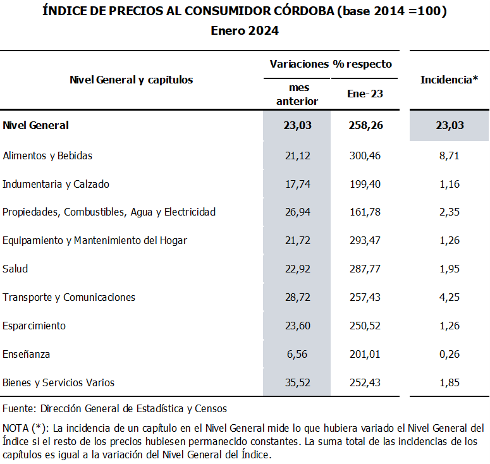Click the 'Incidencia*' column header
pyautogui.click(x=449, y=80)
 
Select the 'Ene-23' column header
pyautogui.click(x=365, y=94)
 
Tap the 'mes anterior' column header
pyautogui.click(x=297, y=94)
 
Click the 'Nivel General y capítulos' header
pyautogui.click(x=131, y=80)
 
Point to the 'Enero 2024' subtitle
pyautogui.click(x=245, y=31)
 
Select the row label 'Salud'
pyautogui.click(x=15, y=269)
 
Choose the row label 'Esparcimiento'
pyautogui.click(x=34, y=326)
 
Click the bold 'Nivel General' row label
pyautogui.click(x=36, y=125)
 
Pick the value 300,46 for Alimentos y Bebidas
pyautogui.click(x=365, y=156)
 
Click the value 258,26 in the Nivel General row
pyautogui.click(x=365, y=125)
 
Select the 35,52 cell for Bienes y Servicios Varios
pyautogui.click(x=298, y=382)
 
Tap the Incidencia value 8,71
pyautogui.click(x=450, y=156)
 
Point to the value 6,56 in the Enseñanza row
pyautogui.click(x=298, y=354)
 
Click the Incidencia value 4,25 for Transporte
pyautogui.click(x=450, y=297)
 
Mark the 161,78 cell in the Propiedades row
pyautogui.click(x=365, y=212)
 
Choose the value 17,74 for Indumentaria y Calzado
pyautogui.click(x=298, y=184)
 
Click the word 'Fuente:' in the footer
pyautogui.click(x=19, y=408)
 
